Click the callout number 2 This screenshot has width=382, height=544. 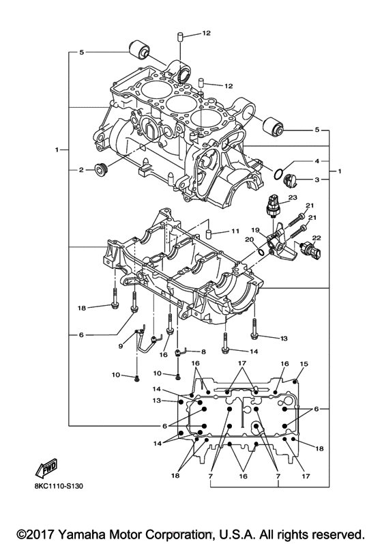[80, 170]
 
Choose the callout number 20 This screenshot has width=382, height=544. [248, 240]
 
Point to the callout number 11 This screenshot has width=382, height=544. [234, 230]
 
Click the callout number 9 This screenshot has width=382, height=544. [121, 346]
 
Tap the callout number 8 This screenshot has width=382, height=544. [203, 351]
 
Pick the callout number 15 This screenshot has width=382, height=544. [304, 364]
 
